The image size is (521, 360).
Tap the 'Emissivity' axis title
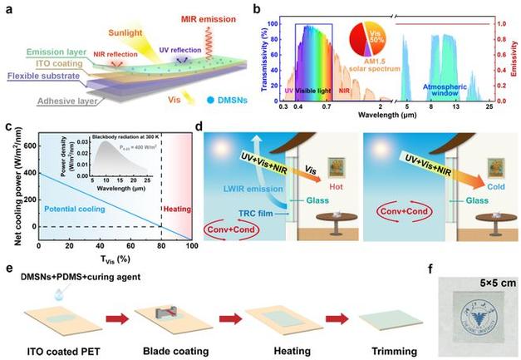pos(514,55)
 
